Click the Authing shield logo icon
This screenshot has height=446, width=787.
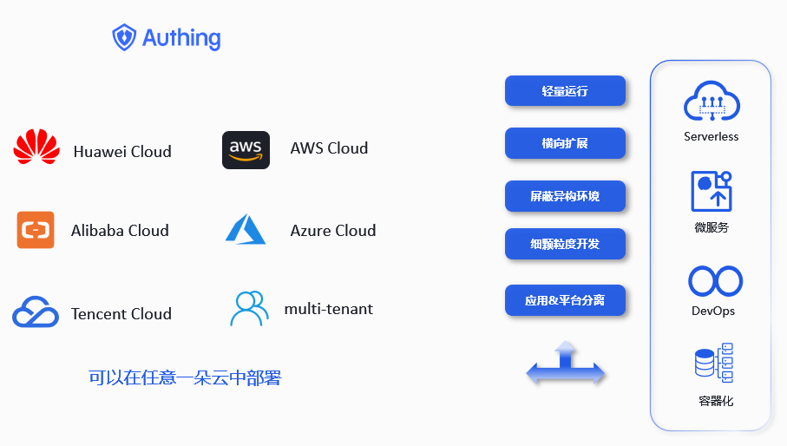pos(125,37)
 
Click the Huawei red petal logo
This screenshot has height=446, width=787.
pos(36,148)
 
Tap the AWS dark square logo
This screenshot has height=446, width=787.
pos(246,150)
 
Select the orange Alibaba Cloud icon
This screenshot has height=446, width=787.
pos(36,230)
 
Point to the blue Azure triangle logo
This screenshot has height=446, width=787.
pos(246,229)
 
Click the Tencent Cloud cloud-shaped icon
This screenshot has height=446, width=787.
pos(36,312)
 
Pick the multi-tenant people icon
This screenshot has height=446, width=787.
pos(249,308)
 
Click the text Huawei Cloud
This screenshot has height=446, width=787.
pos(122,152)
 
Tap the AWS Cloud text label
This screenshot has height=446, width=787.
pos(329,148)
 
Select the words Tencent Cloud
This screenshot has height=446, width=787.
pos(121,313)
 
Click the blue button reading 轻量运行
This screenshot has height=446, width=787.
pos(565,90)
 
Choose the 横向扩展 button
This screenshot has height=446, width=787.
pos(565,143)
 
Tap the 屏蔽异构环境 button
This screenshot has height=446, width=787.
pos(565,196)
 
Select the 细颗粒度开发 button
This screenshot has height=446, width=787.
pos(565,244)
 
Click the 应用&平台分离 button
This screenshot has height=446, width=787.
pos(565,300)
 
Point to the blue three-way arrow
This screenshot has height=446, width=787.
pos(566,364)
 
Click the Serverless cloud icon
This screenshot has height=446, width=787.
pos(711,102)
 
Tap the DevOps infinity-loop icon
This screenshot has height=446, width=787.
pos(715,282)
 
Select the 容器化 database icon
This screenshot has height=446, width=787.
pos(714,363)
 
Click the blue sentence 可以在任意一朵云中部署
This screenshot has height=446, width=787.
pos(185,377)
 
